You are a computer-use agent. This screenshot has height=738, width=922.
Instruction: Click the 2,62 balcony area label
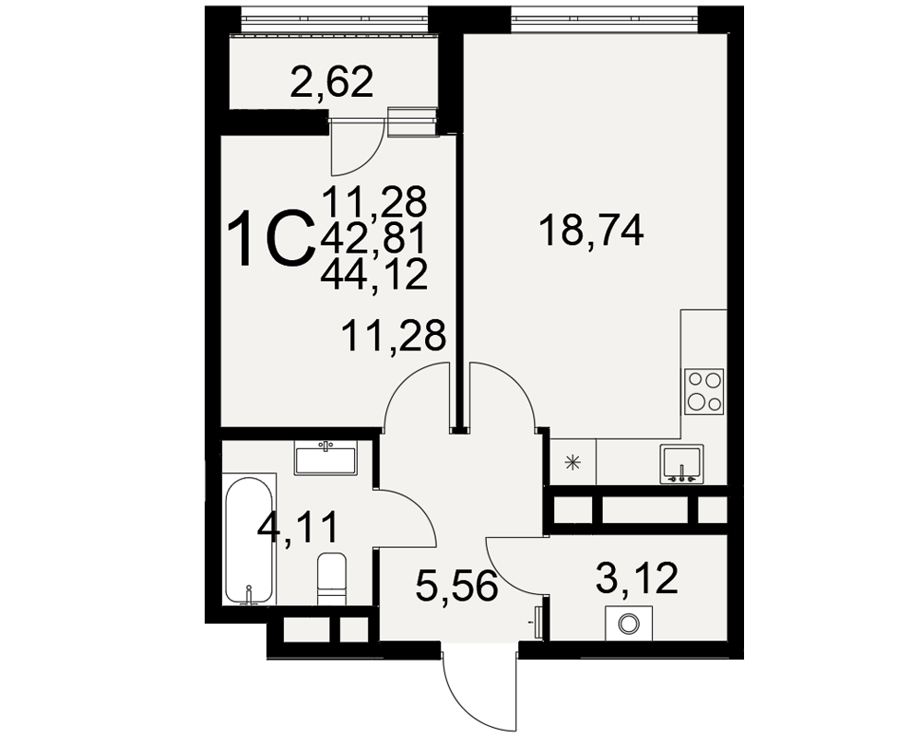(332, 83)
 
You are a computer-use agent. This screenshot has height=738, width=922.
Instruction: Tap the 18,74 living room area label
(592, 231)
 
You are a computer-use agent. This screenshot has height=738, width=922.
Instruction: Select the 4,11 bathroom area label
(298, 528)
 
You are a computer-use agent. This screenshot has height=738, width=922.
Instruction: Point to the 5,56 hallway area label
(457, 587)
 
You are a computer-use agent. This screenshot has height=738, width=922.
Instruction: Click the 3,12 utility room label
(637, 577)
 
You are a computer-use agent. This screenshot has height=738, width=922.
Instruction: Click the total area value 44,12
(374, 275)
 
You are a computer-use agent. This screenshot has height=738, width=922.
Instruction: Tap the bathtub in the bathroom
(249, 541)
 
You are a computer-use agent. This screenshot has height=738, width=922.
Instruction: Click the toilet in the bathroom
(332, 579)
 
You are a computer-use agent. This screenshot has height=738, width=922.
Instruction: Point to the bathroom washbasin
(325, 459)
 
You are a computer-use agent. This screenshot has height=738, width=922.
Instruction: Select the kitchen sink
(682, 464)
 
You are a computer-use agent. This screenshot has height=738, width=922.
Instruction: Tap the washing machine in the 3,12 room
(628, 624)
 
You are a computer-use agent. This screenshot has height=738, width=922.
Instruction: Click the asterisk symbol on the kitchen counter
(571, 463)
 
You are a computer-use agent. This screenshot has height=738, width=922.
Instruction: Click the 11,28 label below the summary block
(394, 336)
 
